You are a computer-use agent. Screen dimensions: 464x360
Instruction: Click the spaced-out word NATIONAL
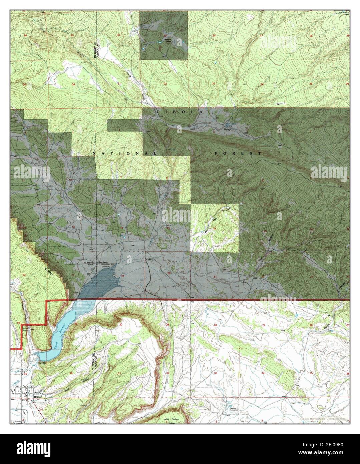click(x=124, y=153)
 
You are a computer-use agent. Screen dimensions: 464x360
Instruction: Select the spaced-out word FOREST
click(x=238, y=153)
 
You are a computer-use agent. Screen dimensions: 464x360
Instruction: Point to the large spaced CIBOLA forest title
click(x=179, y=112)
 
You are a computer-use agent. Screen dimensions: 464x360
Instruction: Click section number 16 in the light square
click(x=215, y=229)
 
